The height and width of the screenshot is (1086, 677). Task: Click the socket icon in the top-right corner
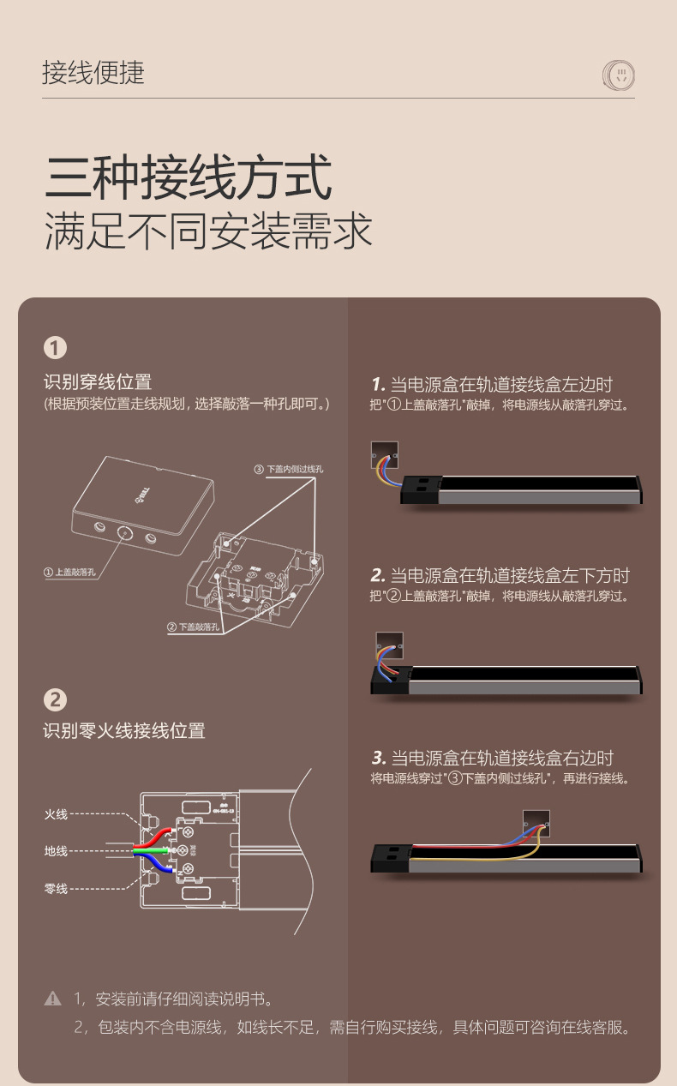tap(619, 75)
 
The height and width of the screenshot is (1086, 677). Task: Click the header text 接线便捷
tap(93, 73)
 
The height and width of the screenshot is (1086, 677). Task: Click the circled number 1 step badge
tap(55, 348)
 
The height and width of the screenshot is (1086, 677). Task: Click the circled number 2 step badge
tap(55, 699)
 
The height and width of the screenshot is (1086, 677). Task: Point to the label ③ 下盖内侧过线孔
tap(289, 469)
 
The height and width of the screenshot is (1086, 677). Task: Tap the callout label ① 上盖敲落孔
tap(70, 572)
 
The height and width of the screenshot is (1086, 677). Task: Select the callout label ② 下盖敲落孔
tap(194, 627)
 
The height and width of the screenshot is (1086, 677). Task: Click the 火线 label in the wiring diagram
tap(56, 813)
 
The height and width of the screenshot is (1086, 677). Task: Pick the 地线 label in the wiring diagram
tap(56, 851)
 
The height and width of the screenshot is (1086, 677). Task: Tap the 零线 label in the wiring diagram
tap(56, 889)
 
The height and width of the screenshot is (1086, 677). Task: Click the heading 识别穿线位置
tap(98, 382)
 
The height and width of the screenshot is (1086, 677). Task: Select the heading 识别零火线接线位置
tap(124, 731)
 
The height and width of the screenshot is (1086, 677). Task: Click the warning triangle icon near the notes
tap(53, 999)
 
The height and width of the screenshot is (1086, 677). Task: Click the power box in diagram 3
tap(536, 821)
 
